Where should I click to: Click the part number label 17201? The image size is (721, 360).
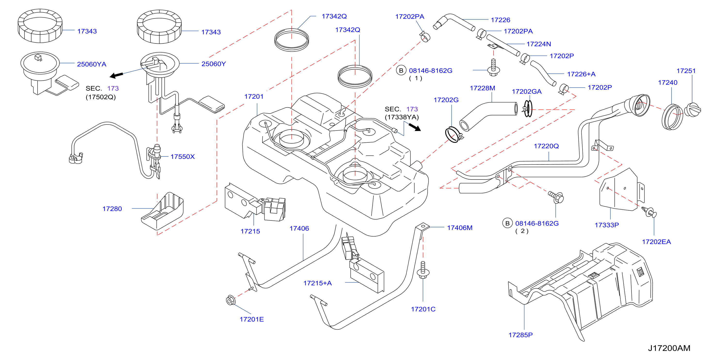click(x=254, y=97)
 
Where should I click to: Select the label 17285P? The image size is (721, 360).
click(x=520, y=335)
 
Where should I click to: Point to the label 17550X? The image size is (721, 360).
click(x=182, y=156)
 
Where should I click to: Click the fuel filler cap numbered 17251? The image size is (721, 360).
click(x=692, y=110)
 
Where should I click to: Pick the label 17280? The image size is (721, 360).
click(x=112, y=209)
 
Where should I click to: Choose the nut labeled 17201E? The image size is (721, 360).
click(x=231, y=300)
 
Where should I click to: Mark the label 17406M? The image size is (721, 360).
click(x=460, y=228)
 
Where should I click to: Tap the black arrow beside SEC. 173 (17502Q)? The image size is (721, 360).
click(x=116, y=75)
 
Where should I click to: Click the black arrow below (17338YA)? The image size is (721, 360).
click(x=414, y=127)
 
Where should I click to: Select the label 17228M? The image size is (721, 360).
click(x=482, y=88)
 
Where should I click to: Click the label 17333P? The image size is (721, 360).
click(x=607, y=225)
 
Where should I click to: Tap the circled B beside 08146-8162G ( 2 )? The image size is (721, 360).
click(x=507, y=223)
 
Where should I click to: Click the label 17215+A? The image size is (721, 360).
click(x=317, y=283)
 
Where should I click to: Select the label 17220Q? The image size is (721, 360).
click(x=546, y=146)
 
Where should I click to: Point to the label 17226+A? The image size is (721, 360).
click(x=581, y=74)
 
